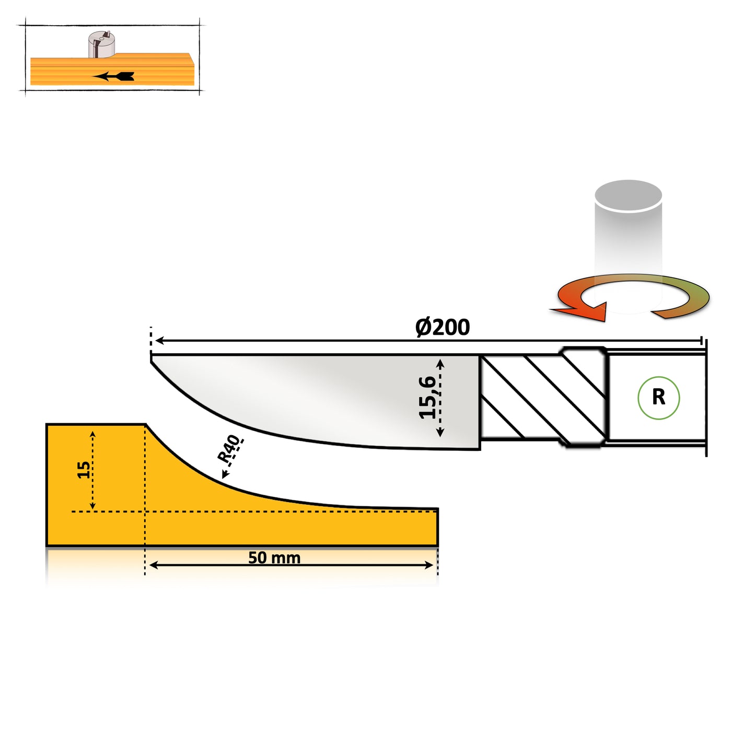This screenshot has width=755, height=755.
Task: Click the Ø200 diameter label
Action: click(443, 327)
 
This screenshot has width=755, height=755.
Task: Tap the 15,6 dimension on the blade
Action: click(427, 397)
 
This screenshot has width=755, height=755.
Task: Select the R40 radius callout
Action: click(229, 449)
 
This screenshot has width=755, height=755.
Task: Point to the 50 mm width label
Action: click(274, 558)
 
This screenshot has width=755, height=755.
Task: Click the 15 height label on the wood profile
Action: click(83, 470)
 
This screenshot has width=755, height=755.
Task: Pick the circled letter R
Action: click(659, 397)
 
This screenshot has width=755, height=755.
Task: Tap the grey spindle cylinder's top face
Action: click(628, 195)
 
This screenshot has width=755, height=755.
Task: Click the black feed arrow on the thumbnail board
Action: click(113, 76)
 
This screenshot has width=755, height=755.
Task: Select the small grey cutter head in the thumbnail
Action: click(101, 44)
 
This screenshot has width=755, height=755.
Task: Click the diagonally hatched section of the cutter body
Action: click(543, 397)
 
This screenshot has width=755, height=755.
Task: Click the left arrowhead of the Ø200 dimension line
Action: click(159, 341)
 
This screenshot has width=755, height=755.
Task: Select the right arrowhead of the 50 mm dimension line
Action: click(429, 565)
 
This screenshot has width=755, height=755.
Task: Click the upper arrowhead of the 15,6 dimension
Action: click(440, 364)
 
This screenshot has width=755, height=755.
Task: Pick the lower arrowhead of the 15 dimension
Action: click(92, 505)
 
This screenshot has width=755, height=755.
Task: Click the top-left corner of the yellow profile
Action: click(47, 424)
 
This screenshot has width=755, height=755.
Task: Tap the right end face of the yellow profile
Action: click(437, 527)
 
